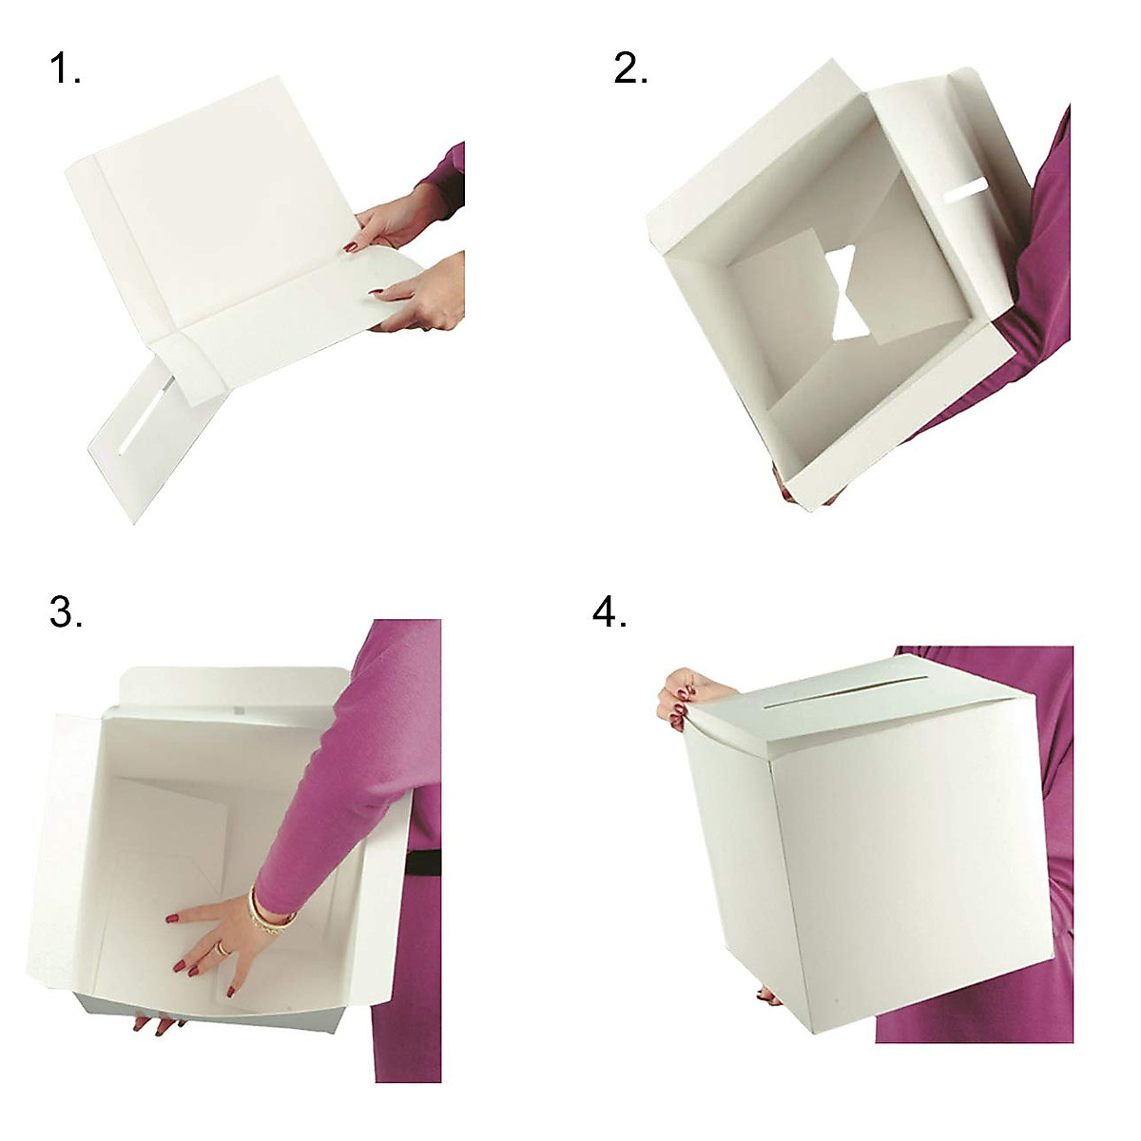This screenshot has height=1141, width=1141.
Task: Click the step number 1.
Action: (65, 69)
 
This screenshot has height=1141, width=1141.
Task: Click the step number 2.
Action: (630, 69)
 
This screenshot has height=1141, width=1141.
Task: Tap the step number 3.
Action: (65, 612)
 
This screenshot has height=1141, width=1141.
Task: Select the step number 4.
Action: (609, 612)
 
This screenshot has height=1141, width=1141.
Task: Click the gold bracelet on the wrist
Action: (261, 910)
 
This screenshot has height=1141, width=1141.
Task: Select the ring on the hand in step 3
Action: (221, 948)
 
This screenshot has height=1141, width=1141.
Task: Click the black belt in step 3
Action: (422, 861)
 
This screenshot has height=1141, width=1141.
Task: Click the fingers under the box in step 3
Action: (157, 1025)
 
